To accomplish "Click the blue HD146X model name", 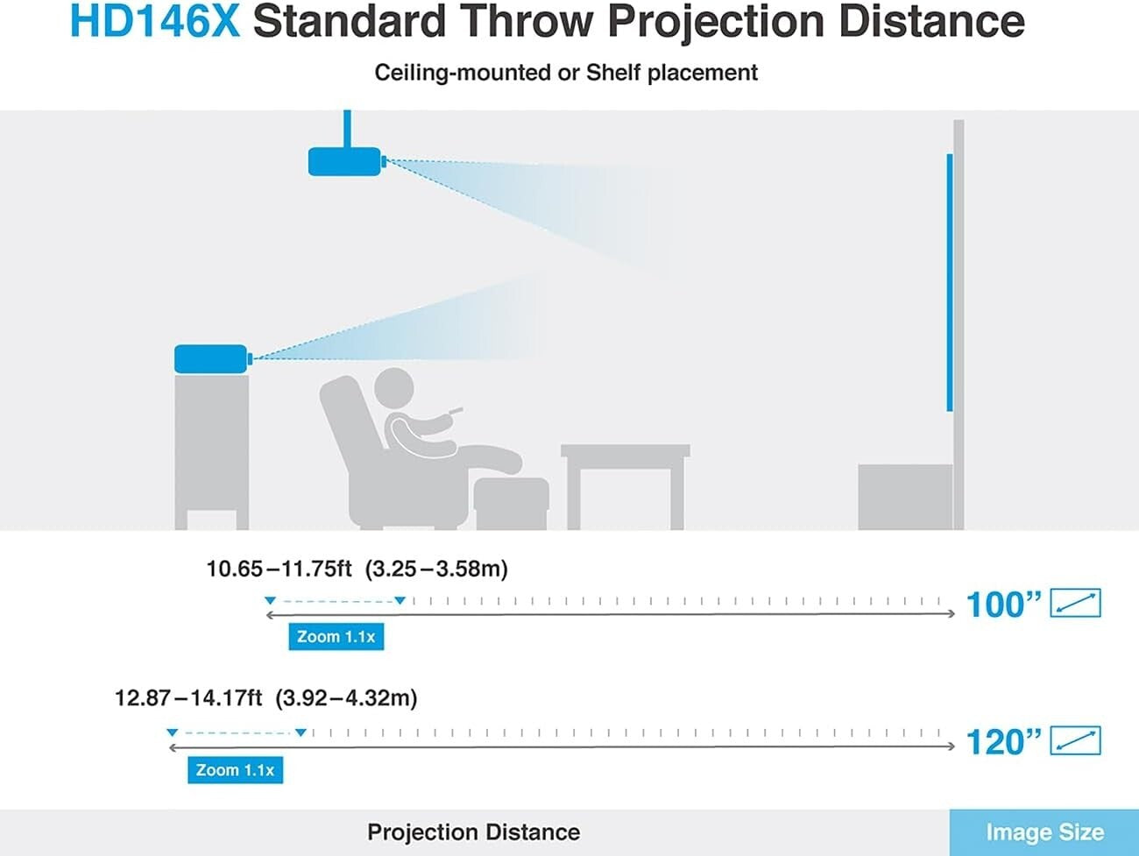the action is pyautogui.click(x=155, y=21).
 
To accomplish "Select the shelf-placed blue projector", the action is pyautogui.click(x=213, y=359).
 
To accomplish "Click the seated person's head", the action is pyautogui.click(x=394, y=388).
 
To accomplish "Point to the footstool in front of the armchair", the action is pyautogui.click(x=511, y=503).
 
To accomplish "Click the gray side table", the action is pyautogui.click(x=626, y=486).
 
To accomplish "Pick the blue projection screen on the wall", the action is pyautogui.click(x=950, y=283).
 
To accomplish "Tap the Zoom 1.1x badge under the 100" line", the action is pyautogui.click(x=336, y=637).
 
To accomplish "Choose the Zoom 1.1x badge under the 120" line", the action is pyautogui.click(x=235, y=770).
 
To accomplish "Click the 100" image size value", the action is pyautogui.click(x=1003, y=605).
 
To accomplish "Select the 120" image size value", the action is pyautogui.click(x=1003, y=742).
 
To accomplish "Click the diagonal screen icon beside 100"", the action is pyautogui.click(x=1075, y=603).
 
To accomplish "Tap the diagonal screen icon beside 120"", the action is pyautogui.click(x=1075, y=740).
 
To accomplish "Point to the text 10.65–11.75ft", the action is pyautogui.click(x=279, y=569).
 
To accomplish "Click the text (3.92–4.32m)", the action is pyautogui.click(x=346, y=697).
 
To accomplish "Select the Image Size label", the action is pyautogui.click(x=1045, y=832).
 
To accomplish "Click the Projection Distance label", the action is pyautogui.click(x=474, y=832).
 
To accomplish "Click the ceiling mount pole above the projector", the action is pyautogui.click(x=347, y=129).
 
